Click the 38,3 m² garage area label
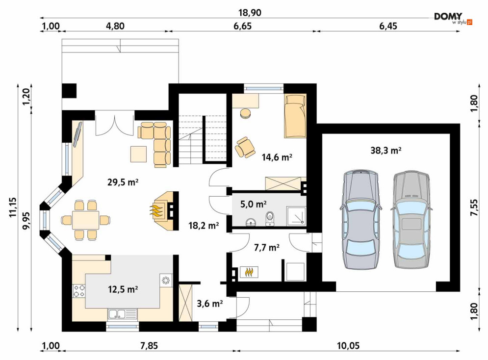click(385, 151)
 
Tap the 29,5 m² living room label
click(123, 182)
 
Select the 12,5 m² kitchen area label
click(123, 289)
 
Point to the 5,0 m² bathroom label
click(254, 205)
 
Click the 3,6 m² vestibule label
click(210, 304)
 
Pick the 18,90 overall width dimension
click(250, 13)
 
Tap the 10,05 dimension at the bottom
click(348, 346)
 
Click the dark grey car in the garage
click(361, 219)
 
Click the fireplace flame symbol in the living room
click(157, 210)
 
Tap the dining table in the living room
click(86, 220)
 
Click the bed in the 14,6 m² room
click(295, 116)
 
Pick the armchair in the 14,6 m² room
click(245, 147)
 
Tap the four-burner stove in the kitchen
click(79, 291)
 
